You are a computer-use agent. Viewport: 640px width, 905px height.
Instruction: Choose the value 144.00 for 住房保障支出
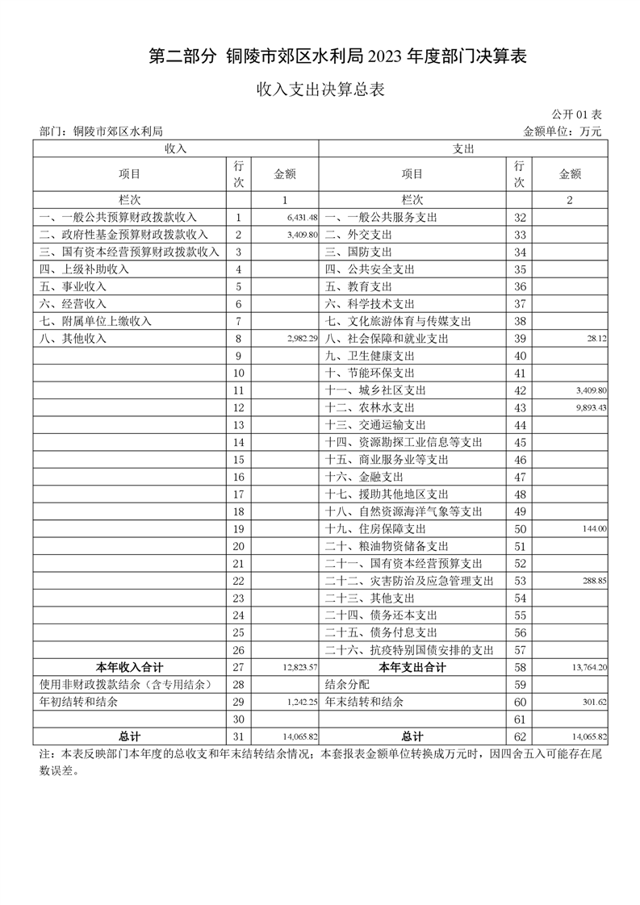pyautogui.click(x=595, y=529)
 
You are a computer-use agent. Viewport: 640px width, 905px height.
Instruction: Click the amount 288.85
pyautogui.click(x=594, y=581)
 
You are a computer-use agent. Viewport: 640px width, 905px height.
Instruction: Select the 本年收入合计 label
pyautogui.click(x=129, y=667)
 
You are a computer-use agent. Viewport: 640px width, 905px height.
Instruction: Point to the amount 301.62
pyautogui.click(x=594, y=703)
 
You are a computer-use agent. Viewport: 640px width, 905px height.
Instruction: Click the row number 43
pyautogui.click(x=520, y=408)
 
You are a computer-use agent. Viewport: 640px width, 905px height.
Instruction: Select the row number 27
pyautogui.click(x=237, y=667)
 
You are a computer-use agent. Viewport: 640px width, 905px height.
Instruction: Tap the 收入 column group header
pyautogui.click(x=176, y=148)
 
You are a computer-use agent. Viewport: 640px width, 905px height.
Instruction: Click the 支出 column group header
pyautogui.click(x=463, y=148)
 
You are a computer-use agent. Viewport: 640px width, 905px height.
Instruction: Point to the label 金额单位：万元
pyautogui.click(x=563, y=131)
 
